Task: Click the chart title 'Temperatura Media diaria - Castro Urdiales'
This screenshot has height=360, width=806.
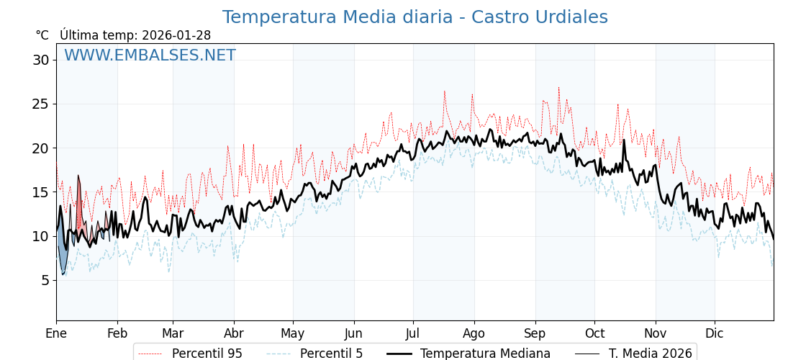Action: point(415,17)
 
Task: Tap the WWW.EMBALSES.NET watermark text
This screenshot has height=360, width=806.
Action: point(150,55)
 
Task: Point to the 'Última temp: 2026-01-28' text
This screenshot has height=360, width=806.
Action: point(135,35)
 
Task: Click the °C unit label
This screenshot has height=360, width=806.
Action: point(42,35)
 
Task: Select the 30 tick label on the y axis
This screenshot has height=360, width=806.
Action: point(40,60)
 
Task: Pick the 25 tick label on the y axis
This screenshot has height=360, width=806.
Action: point(40,104)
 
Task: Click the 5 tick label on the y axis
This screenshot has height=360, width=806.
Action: point(45,280)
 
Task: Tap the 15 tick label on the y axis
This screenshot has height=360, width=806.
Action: point(40,192)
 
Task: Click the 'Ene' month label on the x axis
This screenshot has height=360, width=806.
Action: point(56,333)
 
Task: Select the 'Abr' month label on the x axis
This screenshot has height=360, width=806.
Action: point(234,333)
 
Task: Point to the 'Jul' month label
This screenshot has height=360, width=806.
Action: point(413,333)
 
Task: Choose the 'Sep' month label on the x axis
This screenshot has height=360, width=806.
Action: point(535,333)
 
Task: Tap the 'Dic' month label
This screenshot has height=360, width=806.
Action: point(715,333)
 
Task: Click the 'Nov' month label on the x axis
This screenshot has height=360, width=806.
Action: point(656,333)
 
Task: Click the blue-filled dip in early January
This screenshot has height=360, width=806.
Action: point(63,256)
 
